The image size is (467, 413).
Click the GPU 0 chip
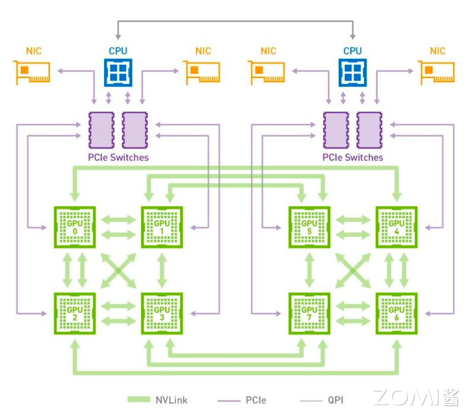pyautogui.click(x=75, y=228)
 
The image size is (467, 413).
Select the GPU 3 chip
pyautogui.click(x=162, y=314)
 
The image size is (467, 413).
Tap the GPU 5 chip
pyautogui.click(x=309, y=228)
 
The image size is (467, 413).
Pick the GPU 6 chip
pyautogui.click(x=396, y=314)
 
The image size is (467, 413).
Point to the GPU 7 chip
pyautogui.click(x=309, y=314)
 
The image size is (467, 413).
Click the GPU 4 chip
pyautogui.click(x=396, y=228)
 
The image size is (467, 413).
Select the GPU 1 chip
pyautogui.click(x=162, y=228)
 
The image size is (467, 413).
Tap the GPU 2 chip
pyautogui.click(x=75, y=314)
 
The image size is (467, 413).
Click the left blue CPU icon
pyautogui.click(x=118, y=72)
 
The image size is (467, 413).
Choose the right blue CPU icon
pyautogui.click(x=352, y=72)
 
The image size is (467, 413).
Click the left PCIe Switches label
pyautogui.click(x=118, y=157)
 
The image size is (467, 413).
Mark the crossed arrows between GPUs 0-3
pyautogui.click(x=118, y=270)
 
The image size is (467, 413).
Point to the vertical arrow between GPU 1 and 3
pyautogui.click(x=162, y=270)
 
